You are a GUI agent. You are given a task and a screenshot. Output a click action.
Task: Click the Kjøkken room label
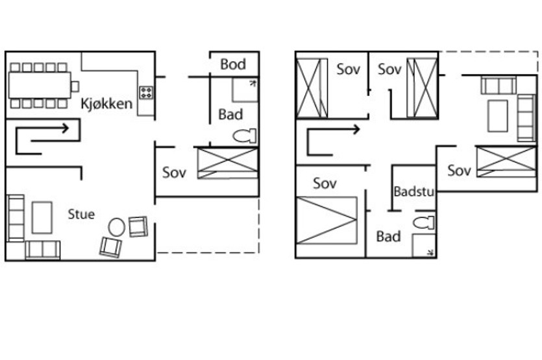tap(106, 104)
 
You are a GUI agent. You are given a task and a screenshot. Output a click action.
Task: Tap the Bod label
tap(233, 64)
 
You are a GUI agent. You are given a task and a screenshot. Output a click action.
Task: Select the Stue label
tap(81, 214)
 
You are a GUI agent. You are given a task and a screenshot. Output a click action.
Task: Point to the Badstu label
tap(413, 191)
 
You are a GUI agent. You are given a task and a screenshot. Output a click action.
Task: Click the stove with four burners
tap(146, 93)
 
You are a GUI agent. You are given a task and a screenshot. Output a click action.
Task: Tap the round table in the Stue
tap(116, 227)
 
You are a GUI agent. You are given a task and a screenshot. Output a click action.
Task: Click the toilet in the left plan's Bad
tap(245, 136)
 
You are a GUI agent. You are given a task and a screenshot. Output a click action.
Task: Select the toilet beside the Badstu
tap(423, 222)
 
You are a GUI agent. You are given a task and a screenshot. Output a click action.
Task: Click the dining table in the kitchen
tap(40, 85)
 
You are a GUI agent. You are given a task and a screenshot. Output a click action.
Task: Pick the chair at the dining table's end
tap(75, 86)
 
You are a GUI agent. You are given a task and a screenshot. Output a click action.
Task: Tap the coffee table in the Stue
tap(42, 218)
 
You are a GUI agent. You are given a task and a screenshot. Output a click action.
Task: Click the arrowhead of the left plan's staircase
tap(65, 128)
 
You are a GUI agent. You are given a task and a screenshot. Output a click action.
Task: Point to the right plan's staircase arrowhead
tap(356, 130)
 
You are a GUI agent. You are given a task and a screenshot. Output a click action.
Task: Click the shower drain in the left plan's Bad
tap(254, 83)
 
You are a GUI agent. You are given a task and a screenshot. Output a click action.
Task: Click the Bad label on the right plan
tap(389, 237)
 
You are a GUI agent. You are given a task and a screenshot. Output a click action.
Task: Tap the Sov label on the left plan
tap(174, 173)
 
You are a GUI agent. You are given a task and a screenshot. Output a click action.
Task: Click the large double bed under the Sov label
tap(326, 220)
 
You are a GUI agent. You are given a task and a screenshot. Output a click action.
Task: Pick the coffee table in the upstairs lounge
tap(498, 116)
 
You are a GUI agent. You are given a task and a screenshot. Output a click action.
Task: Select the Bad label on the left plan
tap(230, 114)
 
